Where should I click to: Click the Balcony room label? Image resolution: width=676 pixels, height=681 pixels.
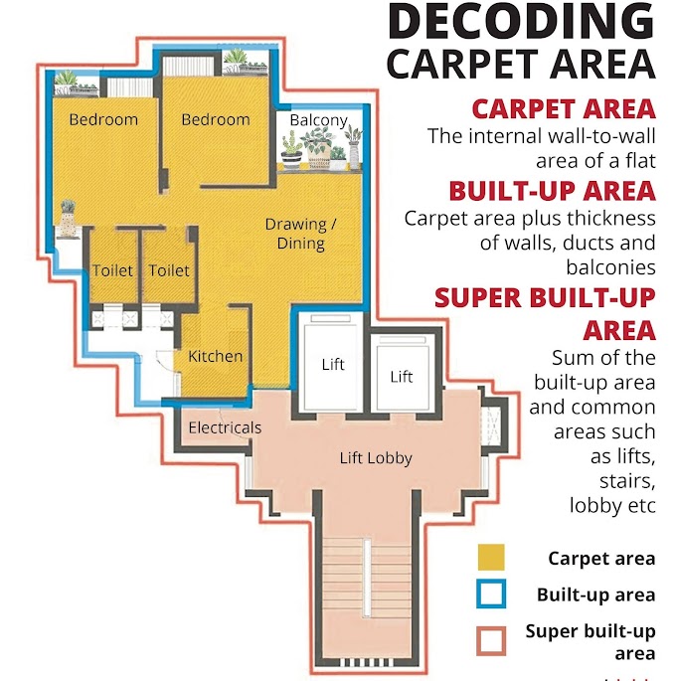coord(319,120)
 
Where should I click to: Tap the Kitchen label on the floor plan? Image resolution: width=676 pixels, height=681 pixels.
coord(216,356)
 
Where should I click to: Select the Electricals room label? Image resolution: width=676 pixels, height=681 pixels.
coord(225,427)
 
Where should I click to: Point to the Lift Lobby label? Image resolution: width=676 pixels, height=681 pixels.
coord(376,458)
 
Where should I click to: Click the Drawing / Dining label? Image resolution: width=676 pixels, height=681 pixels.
coord(300,234)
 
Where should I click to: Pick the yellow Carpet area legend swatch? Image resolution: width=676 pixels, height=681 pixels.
coord(491,557)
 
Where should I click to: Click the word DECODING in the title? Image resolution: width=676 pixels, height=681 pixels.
coord(521,21)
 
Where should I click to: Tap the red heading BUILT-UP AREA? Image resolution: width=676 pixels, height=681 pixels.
coord(552,191)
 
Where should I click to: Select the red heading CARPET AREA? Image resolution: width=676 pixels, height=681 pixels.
coord(564,109)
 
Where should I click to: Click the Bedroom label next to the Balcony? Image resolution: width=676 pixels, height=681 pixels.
coord(216,119)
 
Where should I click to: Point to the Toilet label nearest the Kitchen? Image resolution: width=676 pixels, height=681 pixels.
coord(169,270)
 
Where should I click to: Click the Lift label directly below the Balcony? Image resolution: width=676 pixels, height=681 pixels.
coord(333,364)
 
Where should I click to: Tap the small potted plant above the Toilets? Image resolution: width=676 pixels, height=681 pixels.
coord(68,218)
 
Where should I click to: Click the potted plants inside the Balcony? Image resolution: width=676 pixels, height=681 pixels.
coord(321,148)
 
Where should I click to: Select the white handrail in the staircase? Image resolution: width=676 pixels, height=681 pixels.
coord(367,577)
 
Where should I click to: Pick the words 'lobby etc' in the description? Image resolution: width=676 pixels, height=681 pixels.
coord(612,506)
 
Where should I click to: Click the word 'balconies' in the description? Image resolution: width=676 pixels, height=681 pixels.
coord(610,267)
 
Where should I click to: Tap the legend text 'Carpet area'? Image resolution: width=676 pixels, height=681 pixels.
coord(601,559)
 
